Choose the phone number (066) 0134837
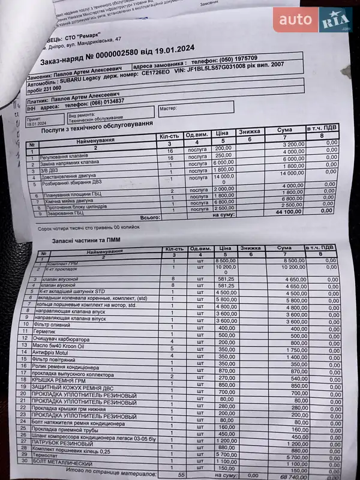(x=103, y=101)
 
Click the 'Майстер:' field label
(x=169, y=109)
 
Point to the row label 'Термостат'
(x=51, y=457)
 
